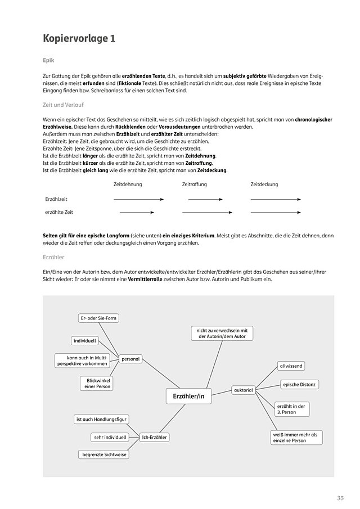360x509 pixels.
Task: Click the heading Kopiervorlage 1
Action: tap(79, 39)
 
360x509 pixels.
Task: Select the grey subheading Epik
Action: tap(49, 60)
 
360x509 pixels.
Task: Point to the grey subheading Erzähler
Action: tap(53, 257)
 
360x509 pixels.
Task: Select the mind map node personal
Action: tap(130, 358)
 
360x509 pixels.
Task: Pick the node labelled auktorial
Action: tap(243, 390)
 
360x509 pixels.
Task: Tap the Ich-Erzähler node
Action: tap(155, 437)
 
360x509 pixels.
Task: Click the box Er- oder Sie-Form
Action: tap(99, 318)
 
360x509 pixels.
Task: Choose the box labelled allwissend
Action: tap(291, 366)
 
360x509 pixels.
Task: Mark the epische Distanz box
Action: tap(300, 385)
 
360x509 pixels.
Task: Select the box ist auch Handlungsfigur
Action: tap(101, 419)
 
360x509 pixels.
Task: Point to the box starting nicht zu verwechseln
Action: tap(222, 333)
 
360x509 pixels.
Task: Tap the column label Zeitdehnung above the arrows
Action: tap(128, 184)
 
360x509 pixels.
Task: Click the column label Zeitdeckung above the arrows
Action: tap(264, 184)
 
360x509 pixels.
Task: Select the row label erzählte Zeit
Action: tap(59, 213)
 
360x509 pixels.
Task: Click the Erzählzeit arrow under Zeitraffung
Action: tap(205, 199)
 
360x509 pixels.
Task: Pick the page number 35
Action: tap(340, 498)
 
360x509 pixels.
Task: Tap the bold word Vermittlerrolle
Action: tap(146, 278)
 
